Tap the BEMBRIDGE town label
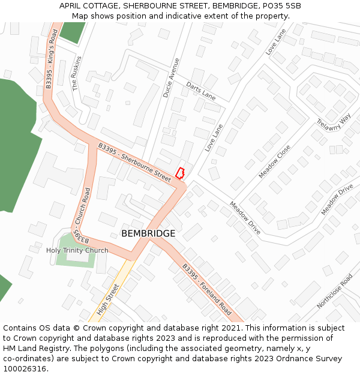(x=148, y=233)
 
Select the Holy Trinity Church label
(x=77, y=250)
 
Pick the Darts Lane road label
(x=200, y=91)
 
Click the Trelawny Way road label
(x=333, y=127)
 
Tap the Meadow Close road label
(x=275, y=161)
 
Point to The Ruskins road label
(x=76, y=73)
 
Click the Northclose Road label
(x=335, y=292)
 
